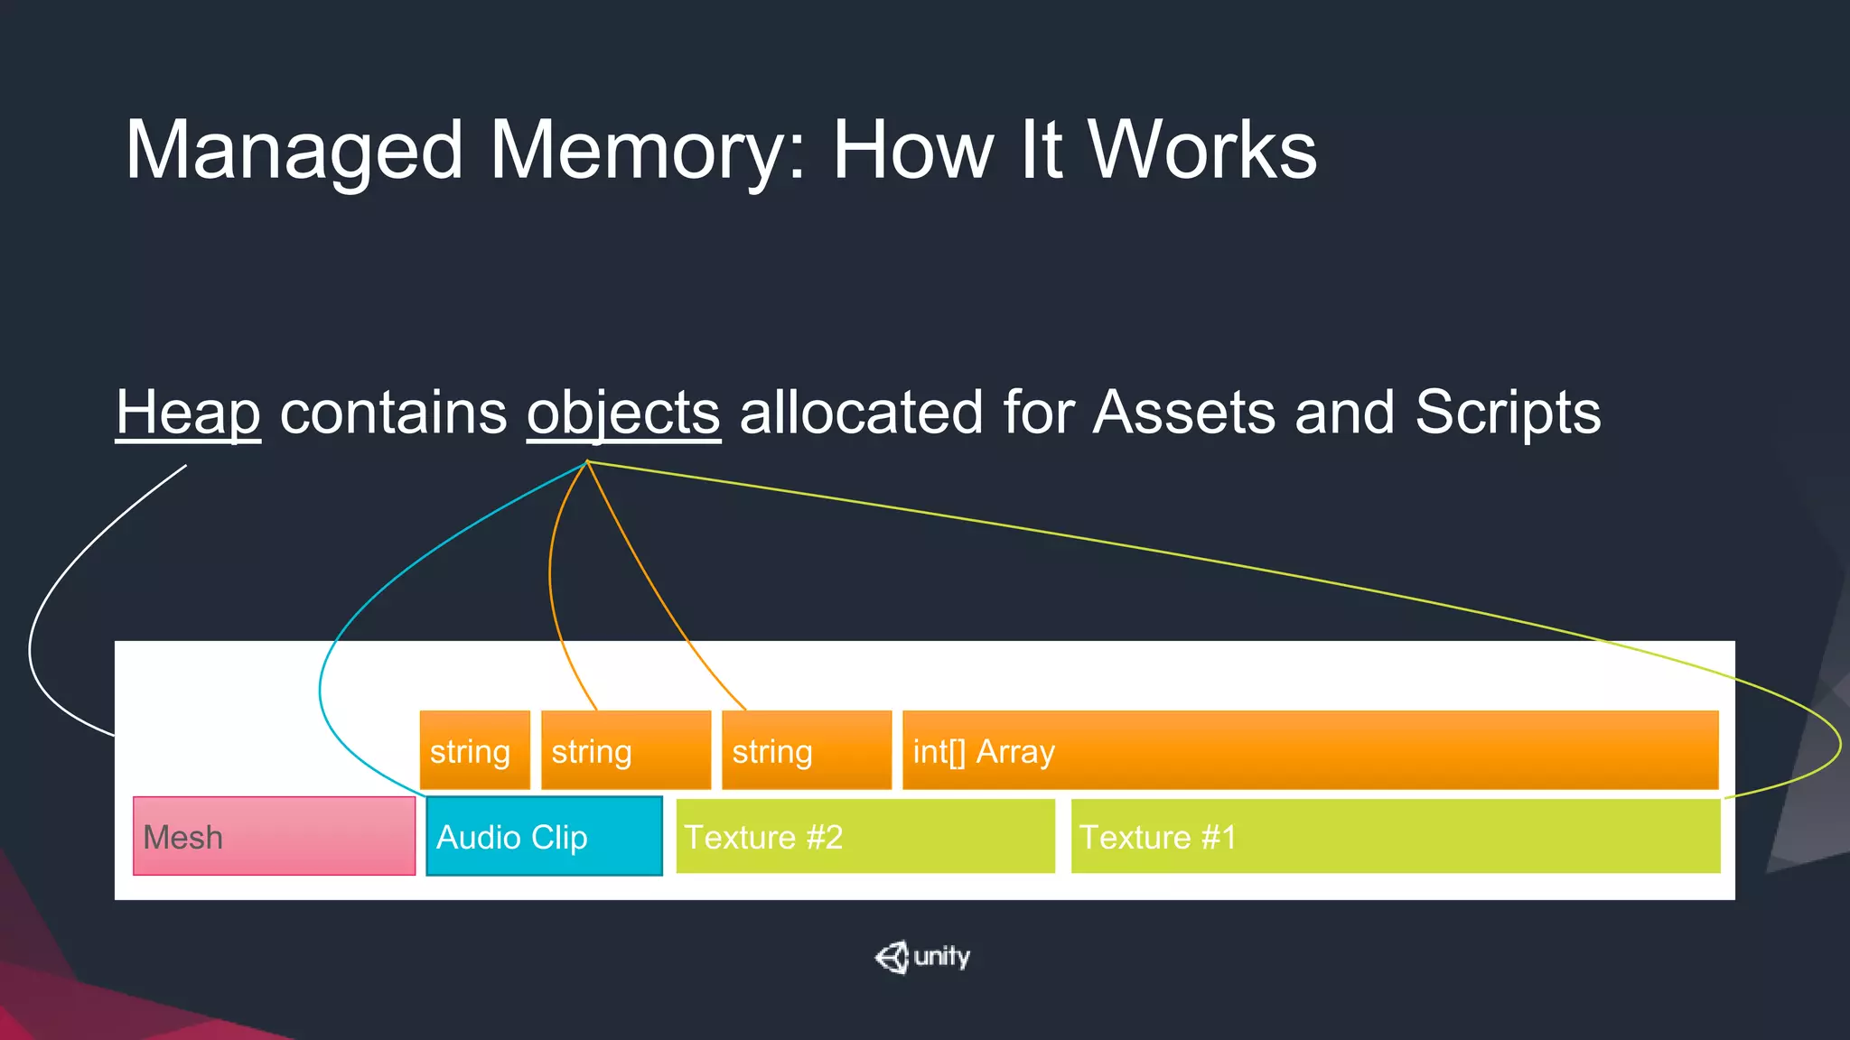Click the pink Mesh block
pyautogui.click(x=274, y=836)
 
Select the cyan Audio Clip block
pyautogui.click(x=544, y=836)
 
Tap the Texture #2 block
pyautogui.click(x=864, y=836)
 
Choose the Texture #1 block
pyautogui.click(x=1395, y=836)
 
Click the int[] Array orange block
pyautogui.click(x=1310, y=750)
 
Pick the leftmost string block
pyautogui.click(x=474, y=750)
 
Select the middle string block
pyautogui.click(x=625, y=750)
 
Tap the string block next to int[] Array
pyautogui.click(x=806, y=750)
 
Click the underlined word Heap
pyautogui.click(x=188, y=413)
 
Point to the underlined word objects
pyautogui.click(x=623, y=413)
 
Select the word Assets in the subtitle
pyautogui.click(x=1184, y=412)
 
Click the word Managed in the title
pyautogui.click(x=294, y=152)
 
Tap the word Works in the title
pyautogui.click(x=1201, y=150)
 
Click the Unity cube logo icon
pyautogui.click(x=892, y=957)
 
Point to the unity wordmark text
pyautogui.click(x=941, y=956)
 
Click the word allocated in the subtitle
pyautogui.click(x=860, y=412)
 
